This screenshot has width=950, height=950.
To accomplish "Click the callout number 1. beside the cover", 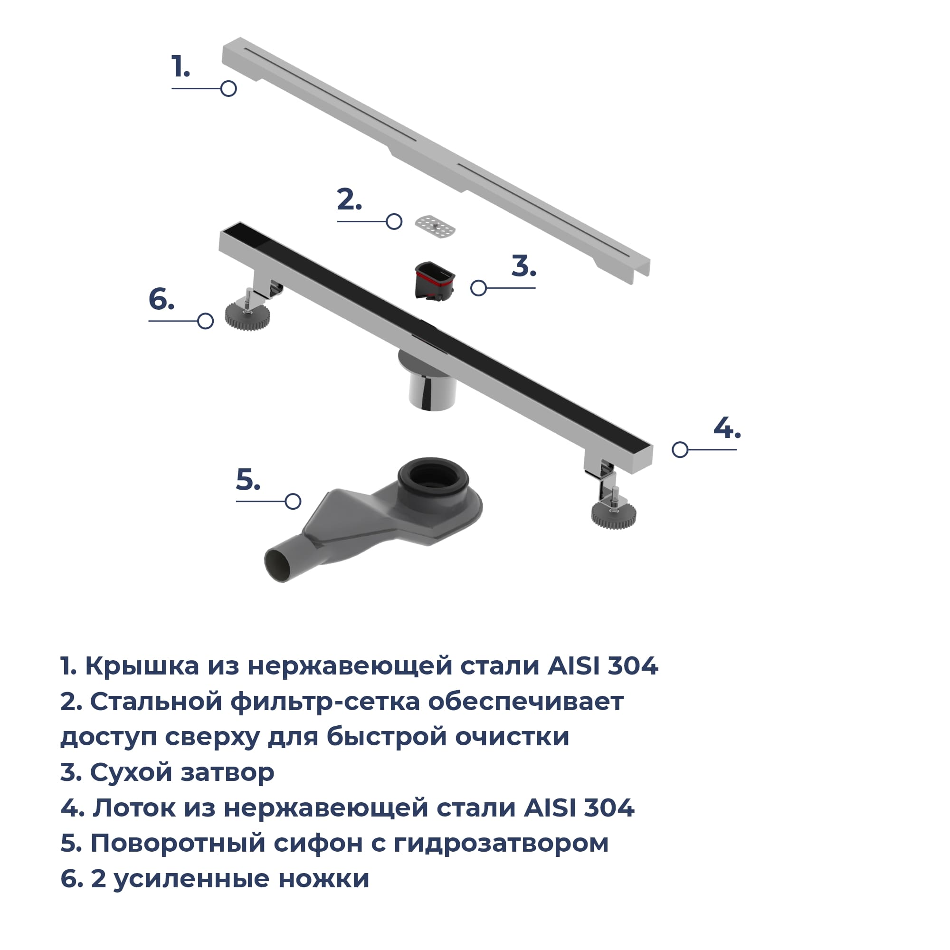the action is coord(180,66).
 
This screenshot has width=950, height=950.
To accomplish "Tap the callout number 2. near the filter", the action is coord(350,199).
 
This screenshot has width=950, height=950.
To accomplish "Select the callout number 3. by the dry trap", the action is coord(523,266).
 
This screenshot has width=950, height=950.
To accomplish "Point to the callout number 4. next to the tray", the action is coord(727,428).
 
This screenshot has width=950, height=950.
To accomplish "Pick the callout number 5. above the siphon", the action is coord(248,479).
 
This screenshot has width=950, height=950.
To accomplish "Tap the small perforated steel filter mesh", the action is coord(435,227).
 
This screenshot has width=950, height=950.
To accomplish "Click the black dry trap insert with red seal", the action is coord(435,281).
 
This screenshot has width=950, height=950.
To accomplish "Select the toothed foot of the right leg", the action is coord(614,515).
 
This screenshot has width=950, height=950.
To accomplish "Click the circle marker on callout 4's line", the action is coord(680,449).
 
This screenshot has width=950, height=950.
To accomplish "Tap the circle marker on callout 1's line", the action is coord(228,88).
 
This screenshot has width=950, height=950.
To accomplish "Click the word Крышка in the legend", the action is coord(142,666).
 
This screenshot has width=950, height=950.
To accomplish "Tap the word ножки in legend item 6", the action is coord(323,879).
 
